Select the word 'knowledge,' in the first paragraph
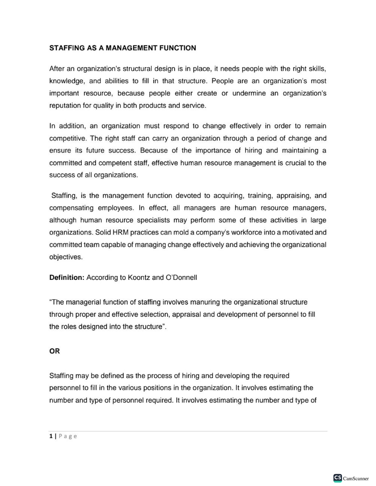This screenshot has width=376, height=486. point(67,81)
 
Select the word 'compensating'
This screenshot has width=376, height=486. point(71,208)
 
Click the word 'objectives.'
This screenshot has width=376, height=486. point(66,257)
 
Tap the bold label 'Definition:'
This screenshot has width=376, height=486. point(67,278)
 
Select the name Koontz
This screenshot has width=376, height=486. point(139,278)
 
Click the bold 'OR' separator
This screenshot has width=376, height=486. point(55,351)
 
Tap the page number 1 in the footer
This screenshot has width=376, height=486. point(51,436)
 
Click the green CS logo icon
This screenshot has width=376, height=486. point(337,478)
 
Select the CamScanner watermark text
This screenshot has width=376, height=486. point(356,478)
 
